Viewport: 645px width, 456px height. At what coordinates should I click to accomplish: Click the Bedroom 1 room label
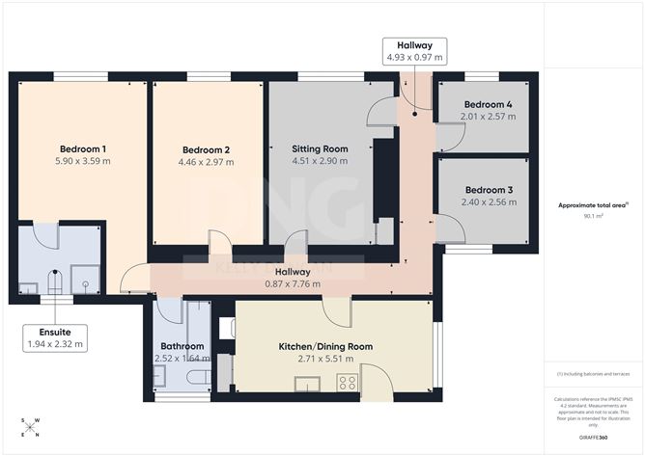coord(83,148)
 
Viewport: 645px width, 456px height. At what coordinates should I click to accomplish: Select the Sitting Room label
coord(320,148)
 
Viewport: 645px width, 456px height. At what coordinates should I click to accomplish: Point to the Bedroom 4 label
coord(488,104)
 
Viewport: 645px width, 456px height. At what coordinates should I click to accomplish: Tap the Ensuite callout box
coord(54,337)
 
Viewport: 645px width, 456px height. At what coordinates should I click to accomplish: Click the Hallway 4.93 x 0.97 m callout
coord(413,51)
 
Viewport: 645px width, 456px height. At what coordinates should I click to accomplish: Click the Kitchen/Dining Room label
coord(325,346)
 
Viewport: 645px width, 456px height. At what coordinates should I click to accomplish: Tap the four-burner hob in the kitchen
coord(347,383)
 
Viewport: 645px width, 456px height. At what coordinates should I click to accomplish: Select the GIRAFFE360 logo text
coord(590,437)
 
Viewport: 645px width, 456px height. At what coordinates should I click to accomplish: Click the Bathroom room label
coord(182,346)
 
